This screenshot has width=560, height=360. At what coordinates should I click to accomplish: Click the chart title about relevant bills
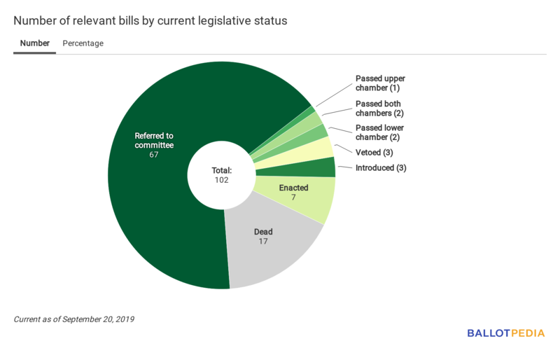pyautogui.click(x=150, y=21)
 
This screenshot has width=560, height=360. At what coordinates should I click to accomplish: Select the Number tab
pyautogui.click(x=35, y=43)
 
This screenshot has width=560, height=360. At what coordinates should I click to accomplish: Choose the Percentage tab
pyautogui.click(x=83, y=43)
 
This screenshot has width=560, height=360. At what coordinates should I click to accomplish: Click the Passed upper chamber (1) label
pyautogui.click(x=380, y=83)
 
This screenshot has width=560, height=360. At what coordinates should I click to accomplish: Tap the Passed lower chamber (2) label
pyautogui.click(x=380, y=133)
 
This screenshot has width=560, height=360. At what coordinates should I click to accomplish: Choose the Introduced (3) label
pyautogui.click(x=381, y=168)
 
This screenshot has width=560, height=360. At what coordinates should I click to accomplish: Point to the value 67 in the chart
pyautogui.click(x=154, y=155)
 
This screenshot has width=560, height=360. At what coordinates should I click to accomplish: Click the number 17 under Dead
pyautogui.click(x=263, y=242)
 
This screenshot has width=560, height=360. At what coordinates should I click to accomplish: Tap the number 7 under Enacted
pyautogui.click(x=294, y=198)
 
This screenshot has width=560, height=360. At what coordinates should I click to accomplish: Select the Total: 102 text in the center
pyautogui.click(x=222, y=175)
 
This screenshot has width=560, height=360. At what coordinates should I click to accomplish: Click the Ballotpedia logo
pyautogui.click(x=505, y=333)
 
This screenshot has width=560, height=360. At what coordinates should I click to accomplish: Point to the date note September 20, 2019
pyautogui.click(x=73, y=319)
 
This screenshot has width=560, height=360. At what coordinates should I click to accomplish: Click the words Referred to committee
pyautogui.click(x=154, y=140)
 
